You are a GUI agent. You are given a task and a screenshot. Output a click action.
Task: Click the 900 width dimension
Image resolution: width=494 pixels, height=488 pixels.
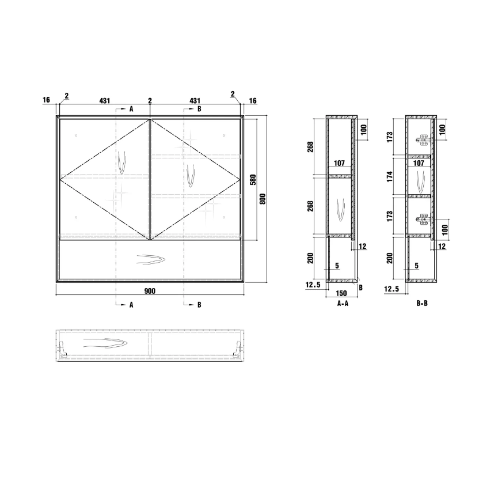(150, 291)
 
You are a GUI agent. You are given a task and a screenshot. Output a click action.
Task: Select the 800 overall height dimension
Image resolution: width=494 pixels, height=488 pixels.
(263, 199)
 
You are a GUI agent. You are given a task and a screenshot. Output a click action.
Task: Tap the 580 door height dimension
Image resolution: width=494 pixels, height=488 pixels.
(253, 180)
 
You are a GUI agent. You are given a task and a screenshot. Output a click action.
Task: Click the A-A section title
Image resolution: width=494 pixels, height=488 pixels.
(343, 303)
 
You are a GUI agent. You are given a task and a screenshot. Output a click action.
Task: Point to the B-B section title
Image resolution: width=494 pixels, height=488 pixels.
(422, 303)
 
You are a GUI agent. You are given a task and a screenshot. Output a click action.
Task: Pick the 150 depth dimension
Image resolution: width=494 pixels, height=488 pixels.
(341, 293)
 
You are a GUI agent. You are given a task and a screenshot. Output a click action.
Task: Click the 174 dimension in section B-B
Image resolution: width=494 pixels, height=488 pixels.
(390, 176)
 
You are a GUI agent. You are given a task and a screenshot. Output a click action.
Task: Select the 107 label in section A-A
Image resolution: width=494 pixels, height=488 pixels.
(339, 163)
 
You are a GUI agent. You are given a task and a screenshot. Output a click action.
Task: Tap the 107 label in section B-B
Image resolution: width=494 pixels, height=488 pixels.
(419, 163)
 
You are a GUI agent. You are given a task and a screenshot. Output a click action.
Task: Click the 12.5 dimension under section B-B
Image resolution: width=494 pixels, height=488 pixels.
(392, 289)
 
